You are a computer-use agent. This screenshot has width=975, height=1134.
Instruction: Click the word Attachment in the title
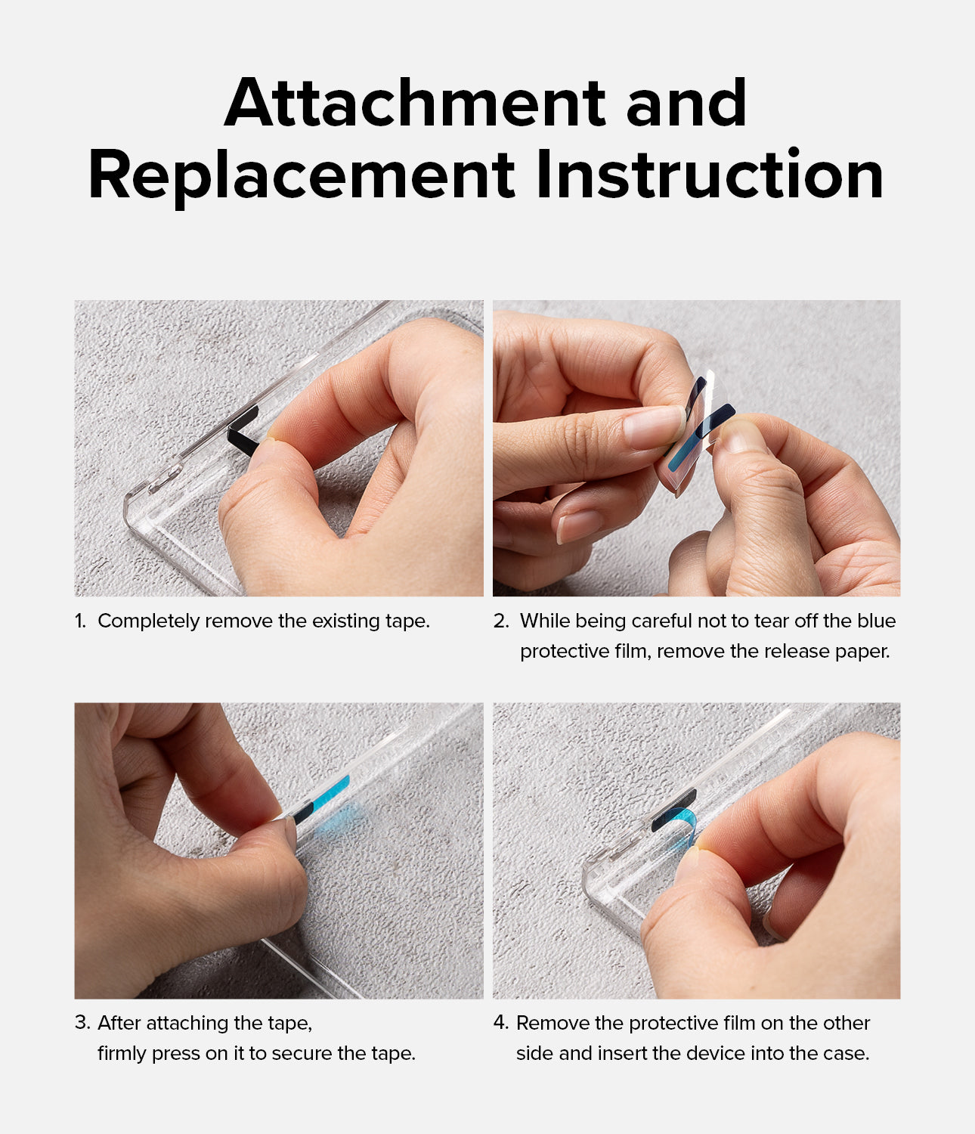tap(416, 103)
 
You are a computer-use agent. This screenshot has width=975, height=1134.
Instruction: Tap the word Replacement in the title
tap(302, 174)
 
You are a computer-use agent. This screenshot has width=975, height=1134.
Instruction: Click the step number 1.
tap(80, 621)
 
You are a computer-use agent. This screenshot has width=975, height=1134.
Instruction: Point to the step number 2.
tap(500, 621)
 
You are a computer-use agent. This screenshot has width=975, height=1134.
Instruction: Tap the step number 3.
tap(82, 1023)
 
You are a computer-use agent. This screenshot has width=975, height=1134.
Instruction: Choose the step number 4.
tap(501, 1023)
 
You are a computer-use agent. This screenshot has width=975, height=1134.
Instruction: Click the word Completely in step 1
tap(149, 622)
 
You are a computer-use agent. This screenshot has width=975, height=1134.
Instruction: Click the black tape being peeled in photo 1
tap(242, 431)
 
